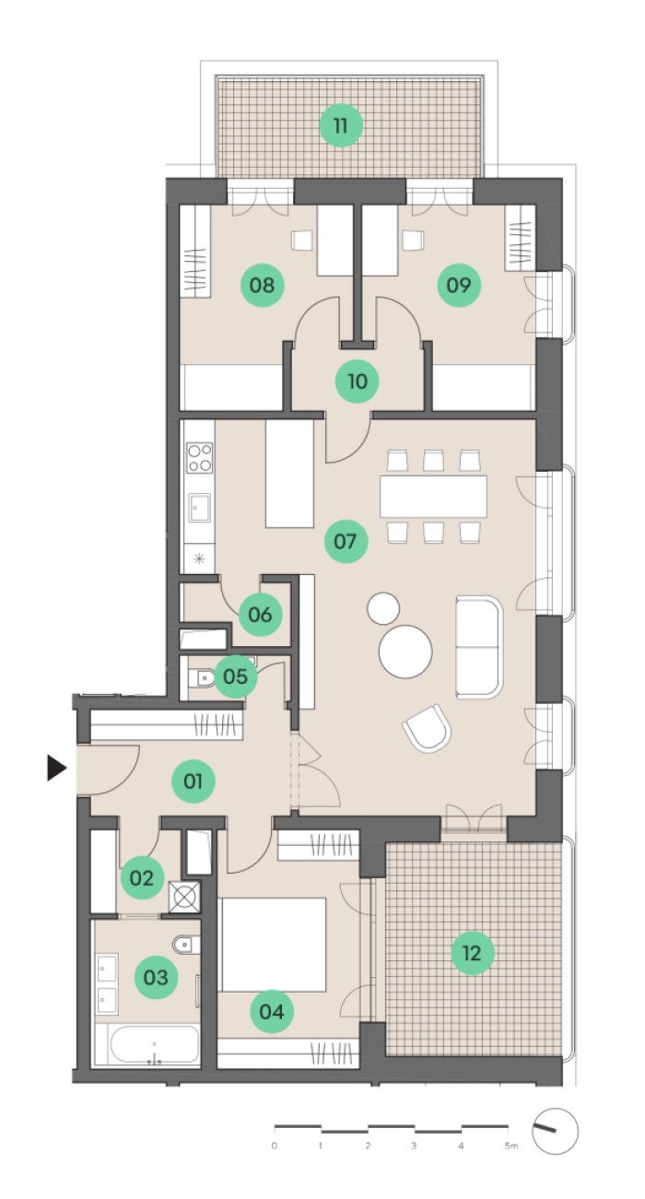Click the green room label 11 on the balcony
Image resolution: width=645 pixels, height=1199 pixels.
pyautogui.click(x=340, y=125)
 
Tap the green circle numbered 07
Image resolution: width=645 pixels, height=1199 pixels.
pyautogui.click(x=346, y=541)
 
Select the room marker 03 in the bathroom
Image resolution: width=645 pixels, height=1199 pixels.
pyautogui.click(x=156, y=978)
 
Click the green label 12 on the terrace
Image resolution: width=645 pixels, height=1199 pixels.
pyautogui.click(x=472, y=953)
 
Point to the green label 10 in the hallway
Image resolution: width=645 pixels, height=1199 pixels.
pyautogui.click(x=357, y=382)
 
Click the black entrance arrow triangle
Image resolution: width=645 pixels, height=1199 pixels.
pyautogui.click(x=57, y=768)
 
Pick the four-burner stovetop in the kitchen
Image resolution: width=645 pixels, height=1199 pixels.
pyautogui.click(x=199, y=458)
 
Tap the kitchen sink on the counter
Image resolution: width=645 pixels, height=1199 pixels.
pyautogui.click(x=199, y=508)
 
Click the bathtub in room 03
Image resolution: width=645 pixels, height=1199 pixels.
pyautogui.click(x=154, y=1044)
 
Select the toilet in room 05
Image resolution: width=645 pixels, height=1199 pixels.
pyautogui.click(x=201, y=678)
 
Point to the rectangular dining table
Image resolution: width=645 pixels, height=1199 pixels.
pyautogui.click(x=433, y=496)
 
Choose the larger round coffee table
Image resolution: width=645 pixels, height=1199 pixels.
pyautogui.click(x=405, y=652)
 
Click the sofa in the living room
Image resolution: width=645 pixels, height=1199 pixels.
pyautogui.click(x=479, y=647)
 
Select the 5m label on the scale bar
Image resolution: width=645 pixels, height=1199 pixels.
pyautogui.click(x=511, y=1146)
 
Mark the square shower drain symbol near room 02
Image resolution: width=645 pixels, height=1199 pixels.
pyautogui.click(x=184, y=897)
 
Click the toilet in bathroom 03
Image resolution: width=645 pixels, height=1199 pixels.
pyautogui.click(x=186, y=945)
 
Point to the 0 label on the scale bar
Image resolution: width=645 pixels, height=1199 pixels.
pyautogui.click(x=275, y=1146)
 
